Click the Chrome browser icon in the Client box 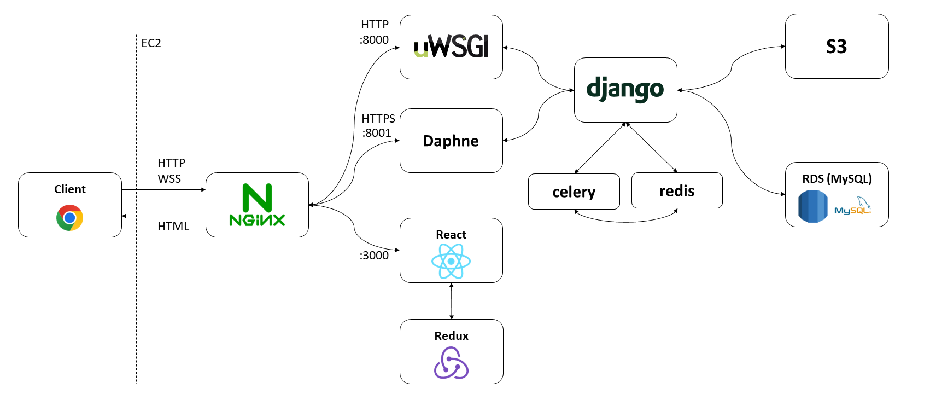pyautogui.click(x=69, y=218)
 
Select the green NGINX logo pyautogui.click(x=257, y=205)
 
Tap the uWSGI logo pyautogui.click(x=451, y=47)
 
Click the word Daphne pyautogui.click(x=451, y=141)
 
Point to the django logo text pyautogui.click(x=625, y=89)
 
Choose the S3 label pyautogui.click(x=836, y=47)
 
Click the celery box pyautogui.click(x=574, y=192)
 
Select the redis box pyautogui.click(x=677, y=191)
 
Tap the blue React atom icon pyautogui.click(x=451, y=261)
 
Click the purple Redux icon pyautogui.click(x=451, y=363)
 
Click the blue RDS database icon pyautogui.click(x=813, y=206)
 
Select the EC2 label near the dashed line pyautogui.click(x=151, y=43)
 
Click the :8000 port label pyautogui.click(x=374, y=40)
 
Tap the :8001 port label pyautogui.click(x=377, y=133)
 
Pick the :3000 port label pyautogui.click(x=374, y=256)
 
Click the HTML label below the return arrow pyautogui.click(x=173, y=227)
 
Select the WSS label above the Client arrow pyautogui.click(x=169, y=179)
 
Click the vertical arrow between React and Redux pyautogui.click(x=451, y=301)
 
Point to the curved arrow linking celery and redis pyautogui.click(x=626, y=221)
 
